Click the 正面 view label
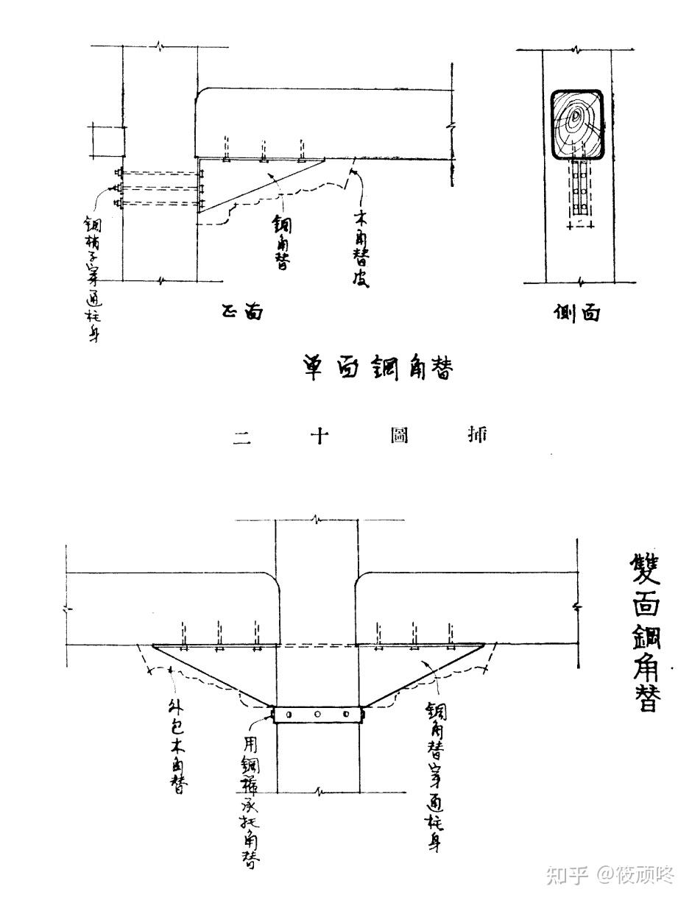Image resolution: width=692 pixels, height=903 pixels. click(241, 313)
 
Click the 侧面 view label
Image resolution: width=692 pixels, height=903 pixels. click(576, 313)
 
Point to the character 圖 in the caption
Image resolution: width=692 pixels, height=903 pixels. click(400, 436)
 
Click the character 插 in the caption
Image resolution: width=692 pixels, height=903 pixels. click(477, 436)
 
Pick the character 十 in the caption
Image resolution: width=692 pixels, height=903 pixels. click(319, 436)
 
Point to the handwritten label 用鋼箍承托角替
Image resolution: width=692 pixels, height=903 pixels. click(250, 798)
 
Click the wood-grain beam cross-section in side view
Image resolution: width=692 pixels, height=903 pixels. click(576, 124)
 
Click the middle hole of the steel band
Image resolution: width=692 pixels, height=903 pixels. click(317, 715)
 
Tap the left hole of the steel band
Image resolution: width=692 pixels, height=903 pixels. click(289, 715)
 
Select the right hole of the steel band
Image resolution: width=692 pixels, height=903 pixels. click(345, 715)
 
